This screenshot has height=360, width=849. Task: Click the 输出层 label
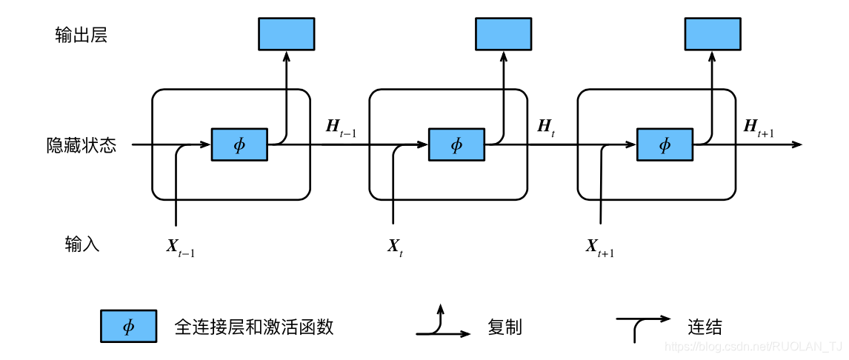[x=81, y=35]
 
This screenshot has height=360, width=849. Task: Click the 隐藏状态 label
[x=81, y=145]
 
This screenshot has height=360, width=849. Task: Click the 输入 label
[x=81, y=244]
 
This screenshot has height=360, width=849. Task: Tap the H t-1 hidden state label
[x=340, y=127]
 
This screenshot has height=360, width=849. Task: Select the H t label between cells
[x=546, y=127]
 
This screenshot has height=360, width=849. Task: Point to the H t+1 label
[x=758, y=127]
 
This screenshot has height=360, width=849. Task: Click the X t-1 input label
[x=180, y=247]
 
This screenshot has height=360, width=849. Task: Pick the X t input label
[x=395, y=247]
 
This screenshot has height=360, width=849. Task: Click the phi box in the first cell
[x=239, y=144]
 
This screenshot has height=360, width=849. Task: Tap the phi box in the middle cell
[x=456, y=144]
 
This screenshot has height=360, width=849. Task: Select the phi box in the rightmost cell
[x=665, y=144]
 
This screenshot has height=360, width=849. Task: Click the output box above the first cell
[x=286, y=34]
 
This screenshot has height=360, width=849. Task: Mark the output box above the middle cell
[x=503, y=34]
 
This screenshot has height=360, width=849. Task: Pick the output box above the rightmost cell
[x=712, y=34]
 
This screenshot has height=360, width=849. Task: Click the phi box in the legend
[x=128, y=327]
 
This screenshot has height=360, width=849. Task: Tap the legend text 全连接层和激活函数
[x=259, y=327]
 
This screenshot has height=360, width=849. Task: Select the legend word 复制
[x=505, y=327]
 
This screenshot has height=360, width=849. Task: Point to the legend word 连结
[x=705, y=327]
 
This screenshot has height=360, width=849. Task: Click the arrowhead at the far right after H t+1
[x=797, y=144]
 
